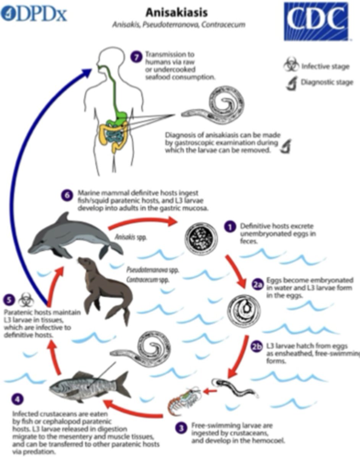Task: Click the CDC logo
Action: pyautogui.click(x=316, y=21)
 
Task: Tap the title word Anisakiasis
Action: pyautogui.click(x=176, y=12)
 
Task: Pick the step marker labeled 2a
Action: pyautogui.click(x=258, y=284)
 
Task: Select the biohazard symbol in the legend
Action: pyautogui.click(x=291, y=66)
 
